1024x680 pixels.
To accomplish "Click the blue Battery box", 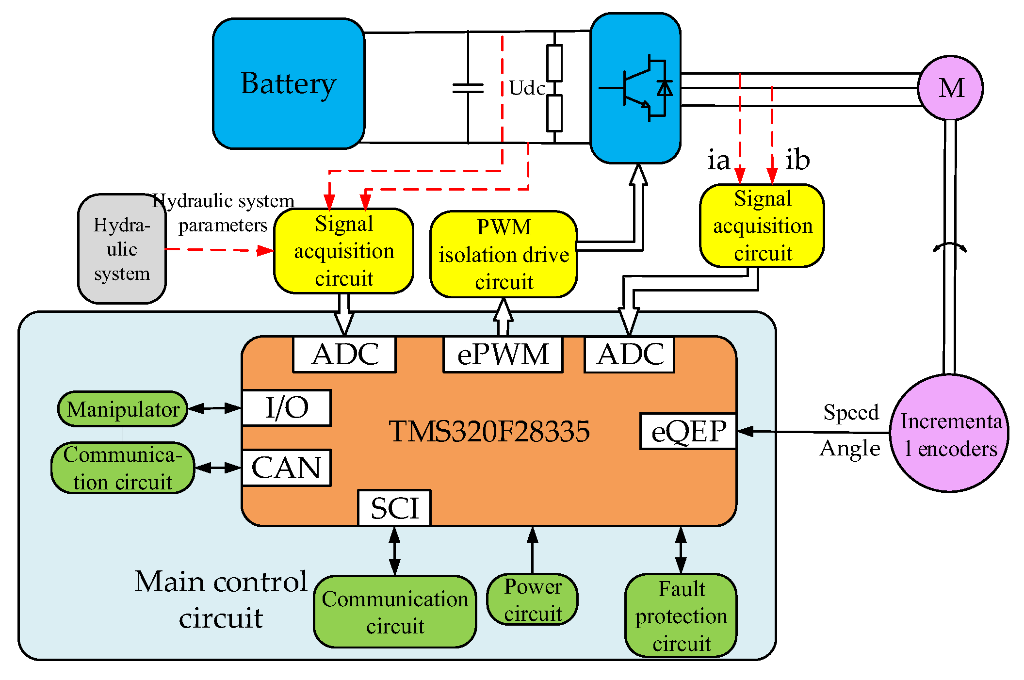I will pyautogui.click(x=289, y=83).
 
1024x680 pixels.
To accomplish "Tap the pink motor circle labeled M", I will pyautogui.click(x=950, y=88).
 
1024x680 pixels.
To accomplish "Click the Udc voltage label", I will pyautogui.click(x=527, y=88).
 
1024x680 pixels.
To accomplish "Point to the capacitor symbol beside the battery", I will pyautogui.click(x=468, y=88).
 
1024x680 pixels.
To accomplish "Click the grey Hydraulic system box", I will pyautogui.click(x=122, y=249).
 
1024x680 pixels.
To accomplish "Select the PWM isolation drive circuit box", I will pyautogui.click(x=503, y=254).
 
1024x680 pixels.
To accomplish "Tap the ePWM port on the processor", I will pyautogui.click(x=503, y=355).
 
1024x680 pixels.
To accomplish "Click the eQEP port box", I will pyautogui.click(x=688, y=431).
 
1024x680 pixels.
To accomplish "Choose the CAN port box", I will pyautogui.click(x=286, y=468).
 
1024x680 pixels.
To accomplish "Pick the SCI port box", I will pyautogui.click(x=394, y=508).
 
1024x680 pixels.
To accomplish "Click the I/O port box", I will pyautogui.click(x=286, y=408).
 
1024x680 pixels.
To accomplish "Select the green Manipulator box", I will pyautogui.click(x=123, y=409).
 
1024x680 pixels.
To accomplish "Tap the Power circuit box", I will pyautogui.click(x=533, y=599).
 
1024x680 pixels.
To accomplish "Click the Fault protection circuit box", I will pyautogui.click(x=681, y=615).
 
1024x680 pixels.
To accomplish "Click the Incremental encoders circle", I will pyautogui.click(x=950, y=434).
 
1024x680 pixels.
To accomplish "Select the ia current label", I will pyautogui.click(x=718, y=161).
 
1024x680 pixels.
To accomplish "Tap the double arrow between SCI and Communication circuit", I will pyautogui.click(x=394, y=551).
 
